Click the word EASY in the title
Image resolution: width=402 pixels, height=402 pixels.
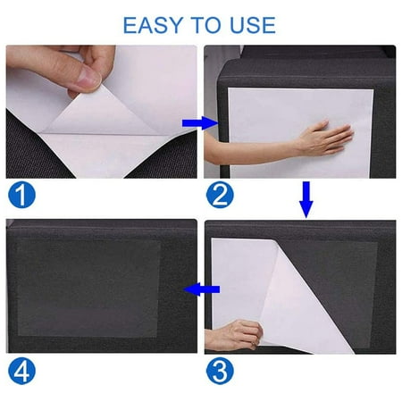pos(151,24)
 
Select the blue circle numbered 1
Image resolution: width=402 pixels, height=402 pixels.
pos(21,192)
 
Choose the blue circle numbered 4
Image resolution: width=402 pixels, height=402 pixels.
pos(21,370)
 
